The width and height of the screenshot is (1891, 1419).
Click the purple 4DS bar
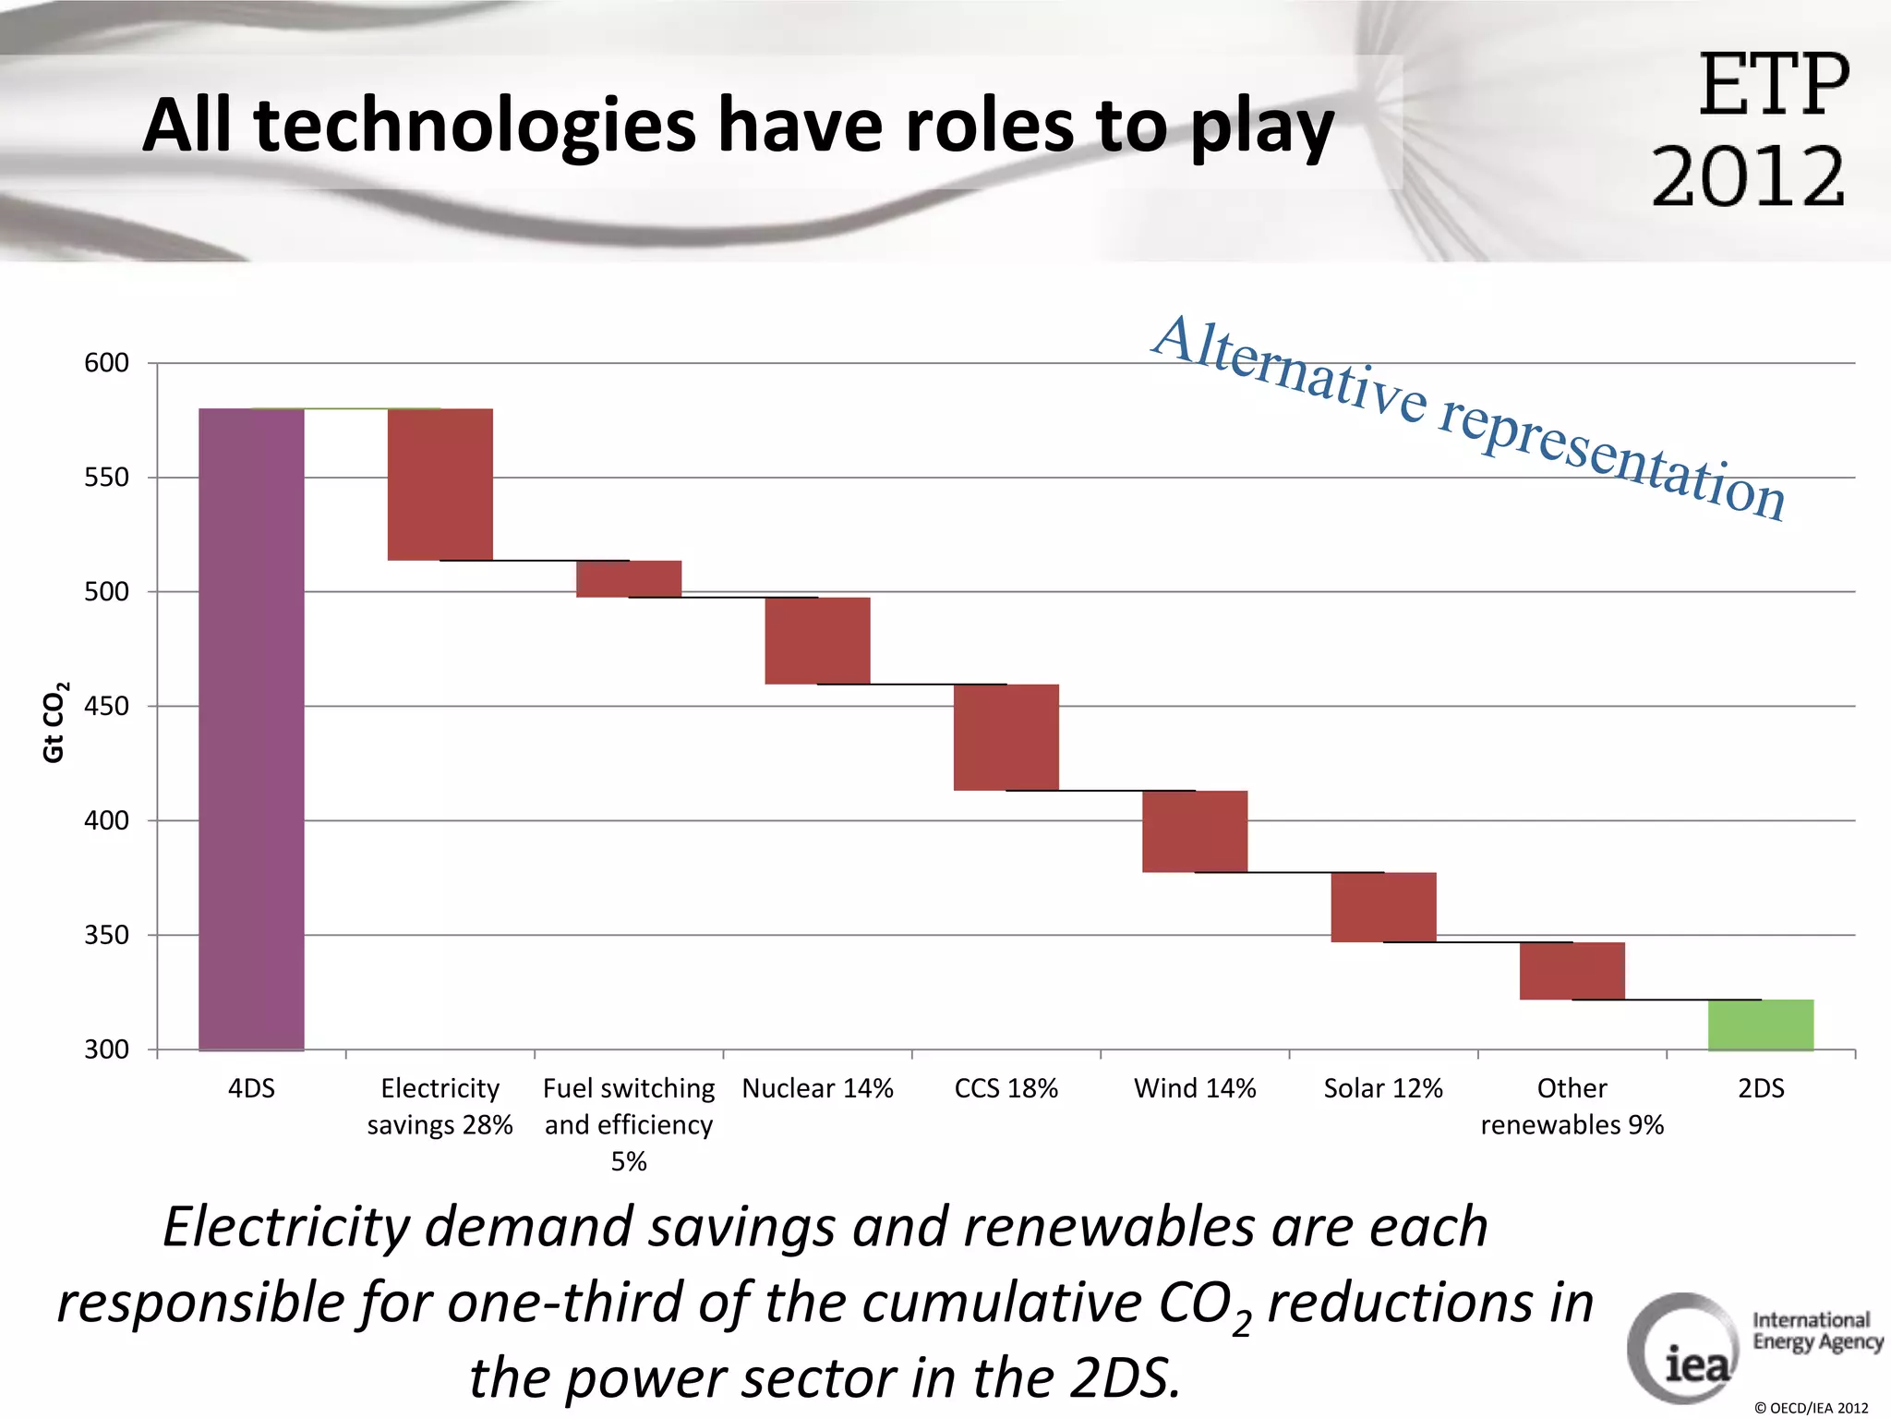click(251, 729)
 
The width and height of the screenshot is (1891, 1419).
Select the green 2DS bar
click(1760, 1025)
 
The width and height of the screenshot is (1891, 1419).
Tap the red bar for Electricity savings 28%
click(440, 484)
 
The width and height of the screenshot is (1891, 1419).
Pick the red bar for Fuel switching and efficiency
click(629, 579)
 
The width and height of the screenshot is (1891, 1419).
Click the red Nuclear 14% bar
click(817, 640)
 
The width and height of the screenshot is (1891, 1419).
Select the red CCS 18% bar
click(1006, 737)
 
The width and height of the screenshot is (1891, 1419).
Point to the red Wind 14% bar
click(1195, 831)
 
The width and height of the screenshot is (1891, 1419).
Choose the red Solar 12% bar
click(1383, 907)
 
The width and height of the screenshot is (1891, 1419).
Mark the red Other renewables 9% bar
click(1572, 971)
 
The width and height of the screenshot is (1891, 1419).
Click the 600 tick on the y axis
click(106, 363)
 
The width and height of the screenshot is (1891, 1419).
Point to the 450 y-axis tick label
click(106, 707)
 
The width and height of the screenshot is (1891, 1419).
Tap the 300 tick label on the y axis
click(106, 1049)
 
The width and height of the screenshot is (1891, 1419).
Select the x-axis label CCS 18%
click(1006, 1088)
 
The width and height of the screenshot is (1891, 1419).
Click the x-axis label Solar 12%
click(1383, 1088)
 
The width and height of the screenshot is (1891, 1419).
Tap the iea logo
click(1682, 1349)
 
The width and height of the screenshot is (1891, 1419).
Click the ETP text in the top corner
click(1773, 85)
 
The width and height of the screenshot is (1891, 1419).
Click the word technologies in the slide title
click(475, 126)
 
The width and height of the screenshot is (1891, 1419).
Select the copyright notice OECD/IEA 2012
click(1811, 1408)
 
